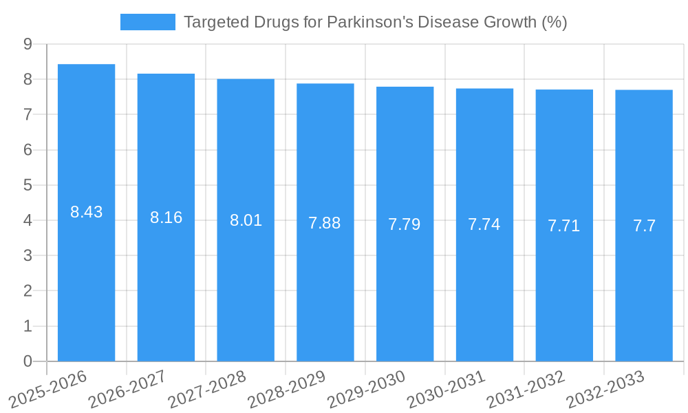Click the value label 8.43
tap(86, 212)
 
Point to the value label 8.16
tap(166, 218)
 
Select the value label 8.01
tap(246, 220)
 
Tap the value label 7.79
tap(405, 224)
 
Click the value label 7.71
tap(564, 226)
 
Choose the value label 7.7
tap(644, 226)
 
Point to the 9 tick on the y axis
tap(28, 44)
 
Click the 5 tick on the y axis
tap(28, 185)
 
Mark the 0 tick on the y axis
tap(28, 361)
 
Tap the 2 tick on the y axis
tap(28, 291)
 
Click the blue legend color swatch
tap(147, 22)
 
